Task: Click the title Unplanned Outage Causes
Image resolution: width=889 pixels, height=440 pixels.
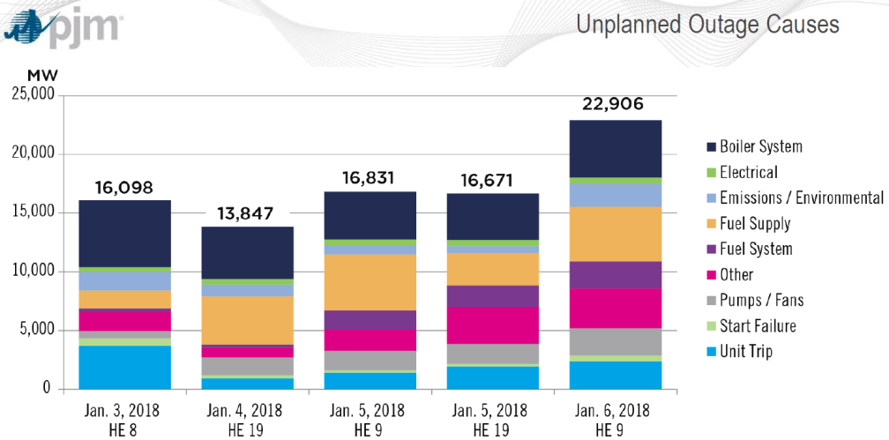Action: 707,25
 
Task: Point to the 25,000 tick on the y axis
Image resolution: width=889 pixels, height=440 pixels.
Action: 33,94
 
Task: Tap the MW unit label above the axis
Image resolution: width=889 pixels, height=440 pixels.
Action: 41,77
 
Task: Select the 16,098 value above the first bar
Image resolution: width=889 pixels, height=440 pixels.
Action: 123,187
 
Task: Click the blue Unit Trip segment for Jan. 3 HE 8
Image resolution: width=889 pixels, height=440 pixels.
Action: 124,367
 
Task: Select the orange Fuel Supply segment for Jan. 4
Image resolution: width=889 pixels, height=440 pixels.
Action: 248,319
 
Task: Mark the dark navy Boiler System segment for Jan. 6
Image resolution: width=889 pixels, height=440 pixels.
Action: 615,148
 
